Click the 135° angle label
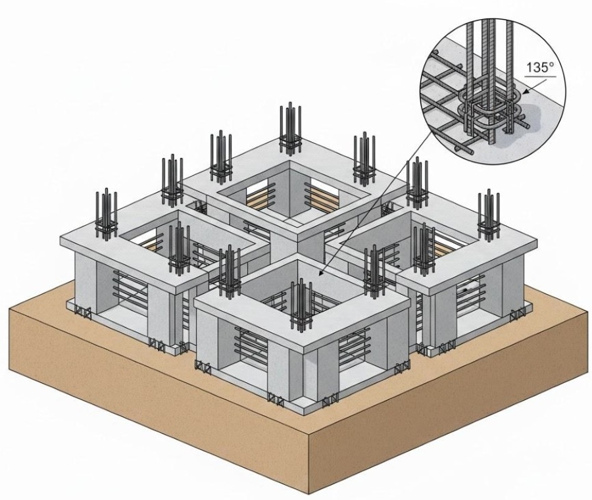click(539, 67)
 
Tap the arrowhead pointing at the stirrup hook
click(528, 91)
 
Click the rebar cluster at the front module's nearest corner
click(302, 305)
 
